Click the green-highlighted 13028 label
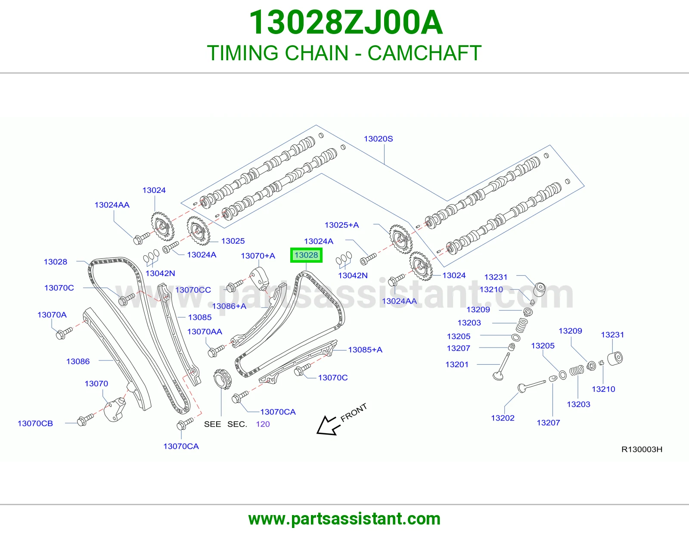click(x=306, y=255)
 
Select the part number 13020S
click(x=378, y=139)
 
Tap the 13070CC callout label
click(x=193, y=290)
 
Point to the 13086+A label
click(x=229, y=306)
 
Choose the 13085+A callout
click(x=365, y=350)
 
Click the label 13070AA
click(x=205, y=332)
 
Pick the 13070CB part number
click(x=35, y=423)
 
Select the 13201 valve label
click(x=456, y=364)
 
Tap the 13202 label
click(x=503, y=418)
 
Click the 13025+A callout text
click(x=341, y=225)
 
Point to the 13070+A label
click(x=258, y=256)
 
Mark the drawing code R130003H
click(x=642, y=449)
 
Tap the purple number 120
click(x=263, y=424)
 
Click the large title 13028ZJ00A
click(x=346, y=22)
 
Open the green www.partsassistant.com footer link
click(x=344, y=519)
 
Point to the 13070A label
click(x=52, y=315)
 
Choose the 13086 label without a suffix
click(x=78, y=361)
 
